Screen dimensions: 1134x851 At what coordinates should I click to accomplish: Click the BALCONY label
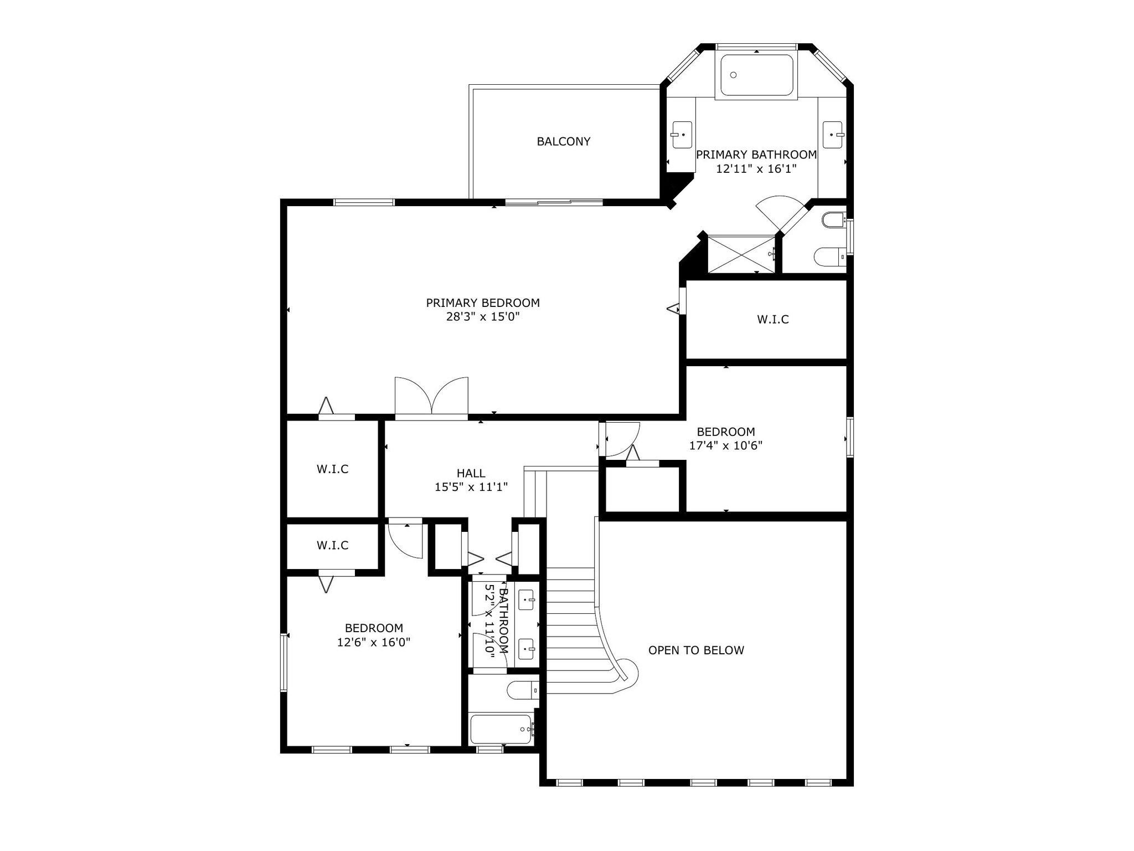pos(563,141)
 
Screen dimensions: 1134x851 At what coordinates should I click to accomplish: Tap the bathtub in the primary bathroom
pos(756,75)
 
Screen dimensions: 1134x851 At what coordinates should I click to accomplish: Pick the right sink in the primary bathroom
pos(833,135)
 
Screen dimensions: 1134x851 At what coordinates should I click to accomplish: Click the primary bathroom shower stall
pos(742,254)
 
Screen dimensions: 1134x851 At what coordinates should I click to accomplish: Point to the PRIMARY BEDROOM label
pos(483,303)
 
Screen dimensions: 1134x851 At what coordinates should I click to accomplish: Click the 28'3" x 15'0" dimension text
pos(483,317)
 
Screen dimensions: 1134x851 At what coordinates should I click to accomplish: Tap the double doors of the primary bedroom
pos(431,396)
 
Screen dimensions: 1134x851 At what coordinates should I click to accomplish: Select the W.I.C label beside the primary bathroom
pos(773,319)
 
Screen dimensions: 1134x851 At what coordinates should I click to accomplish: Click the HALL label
pos(471,473)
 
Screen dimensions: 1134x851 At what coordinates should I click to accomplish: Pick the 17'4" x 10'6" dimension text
pos(726,445)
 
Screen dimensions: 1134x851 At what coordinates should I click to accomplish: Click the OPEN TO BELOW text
pos(696,650)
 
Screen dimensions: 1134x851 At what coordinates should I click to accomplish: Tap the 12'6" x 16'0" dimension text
pos(374,643)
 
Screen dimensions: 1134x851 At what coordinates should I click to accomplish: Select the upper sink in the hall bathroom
pos(525,599)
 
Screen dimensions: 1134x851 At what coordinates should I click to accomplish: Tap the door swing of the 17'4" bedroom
pos(623,439)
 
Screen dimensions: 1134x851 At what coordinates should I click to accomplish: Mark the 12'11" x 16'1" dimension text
pos(756,169)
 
